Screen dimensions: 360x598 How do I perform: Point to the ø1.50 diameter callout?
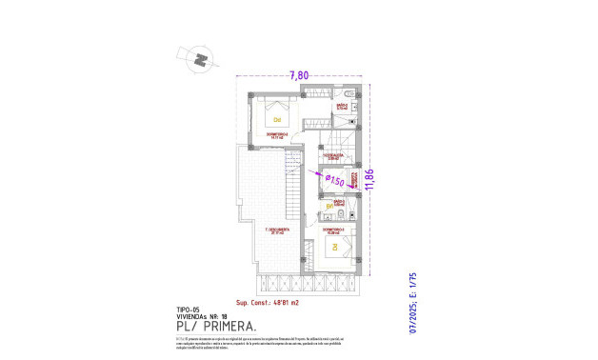pyautogui.click(x=333, y=179)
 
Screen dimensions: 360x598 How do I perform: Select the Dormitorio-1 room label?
pyautogui.click(x=333, y=230)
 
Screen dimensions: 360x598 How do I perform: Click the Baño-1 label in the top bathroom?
pyautogui.click(x=341, y=107)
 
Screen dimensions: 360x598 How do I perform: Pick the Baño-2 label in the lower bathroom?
pyautogui.click(x=339, y=203)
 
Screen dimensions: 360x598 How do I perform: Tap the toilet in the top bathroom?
pyautogui.click(x=349, y=93)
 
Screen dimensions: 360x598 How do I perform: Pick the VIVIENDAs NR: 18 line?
pyautogui.click(x=201, y=316)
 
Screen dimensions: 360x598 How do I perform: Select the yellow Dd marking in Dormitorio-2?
pyautogui.click(x=277, y=120)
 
